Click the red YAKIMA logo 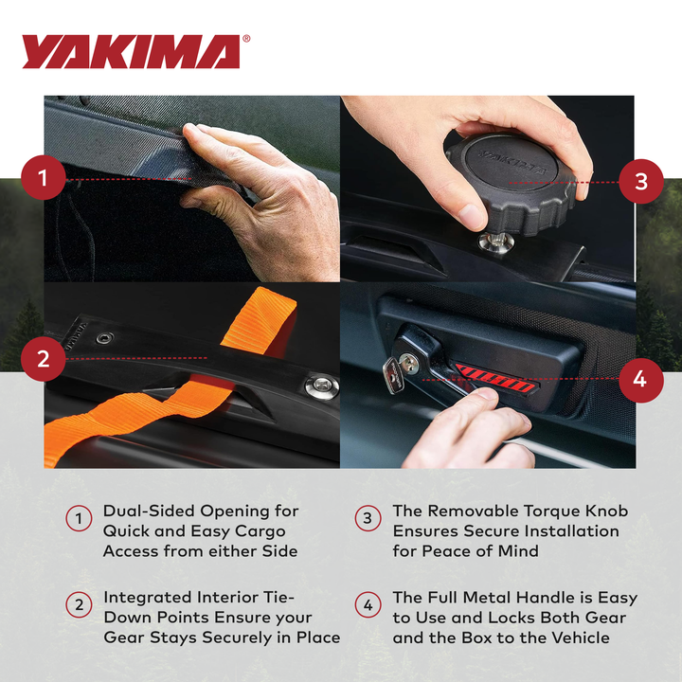click(131, 52)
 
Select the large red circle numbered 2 click(44, 359)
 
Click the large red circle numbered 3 click(640, 180)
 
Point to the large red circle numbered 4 click(640, 379)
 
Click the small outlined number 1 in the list click(79, 518)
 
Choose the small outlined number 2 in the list click(79, 604)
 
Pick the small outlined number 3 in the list click(368, 518)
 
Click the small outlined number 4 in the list click(368, 604)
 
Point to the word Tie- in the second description click(277, 598)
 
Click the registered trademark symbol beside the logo click(246, 40)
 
